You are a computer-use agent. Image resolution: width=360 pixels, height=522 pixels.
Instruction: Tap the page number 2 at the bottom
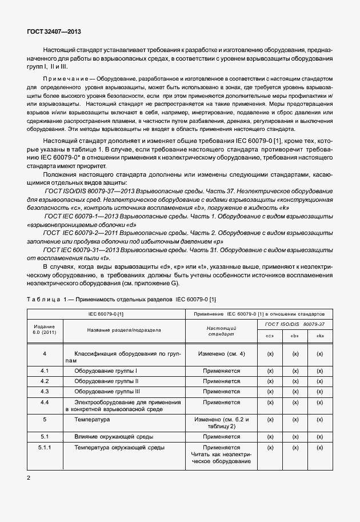(x=29, y=476)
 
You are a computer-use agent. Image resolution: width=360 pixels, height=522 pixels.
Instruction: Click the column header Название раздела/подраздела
(x=124, y=330)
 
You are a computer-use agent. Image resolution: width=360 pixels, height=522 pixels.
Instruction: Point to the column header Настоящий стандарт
(x=222, y=330)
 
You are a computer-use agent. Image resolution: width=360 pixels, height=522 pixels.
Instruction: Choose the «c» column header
(x=270, y=336)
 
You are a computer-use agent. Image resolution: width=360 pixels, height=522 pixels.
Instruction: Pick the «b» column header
(x=295, y=336)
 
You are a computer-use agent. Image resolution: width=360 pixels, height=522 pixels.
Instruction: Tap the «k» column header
(x=320, y=336)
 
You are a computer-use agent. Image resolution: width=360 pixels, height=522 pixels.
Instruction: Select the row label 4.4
(x=45, y=403)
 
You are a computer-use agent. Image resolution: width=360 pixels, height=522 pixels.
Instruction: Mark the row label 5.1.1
(x=45, y=447)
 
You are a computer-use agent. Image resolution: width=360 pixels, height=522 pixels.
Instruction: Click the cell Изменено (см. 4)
(x=222, y=354)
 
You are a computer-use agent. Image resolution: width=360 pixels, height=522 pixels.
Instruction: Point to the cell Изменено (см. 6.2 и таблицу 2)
(x=222, y=423)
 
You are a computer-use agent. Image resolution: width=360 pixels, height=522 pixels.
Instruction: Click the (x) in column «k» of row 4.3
(x=320, y=391)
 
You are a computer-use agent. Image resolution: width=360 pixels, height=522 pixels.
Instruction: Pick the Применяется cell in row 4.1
(x=222, y=371)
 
